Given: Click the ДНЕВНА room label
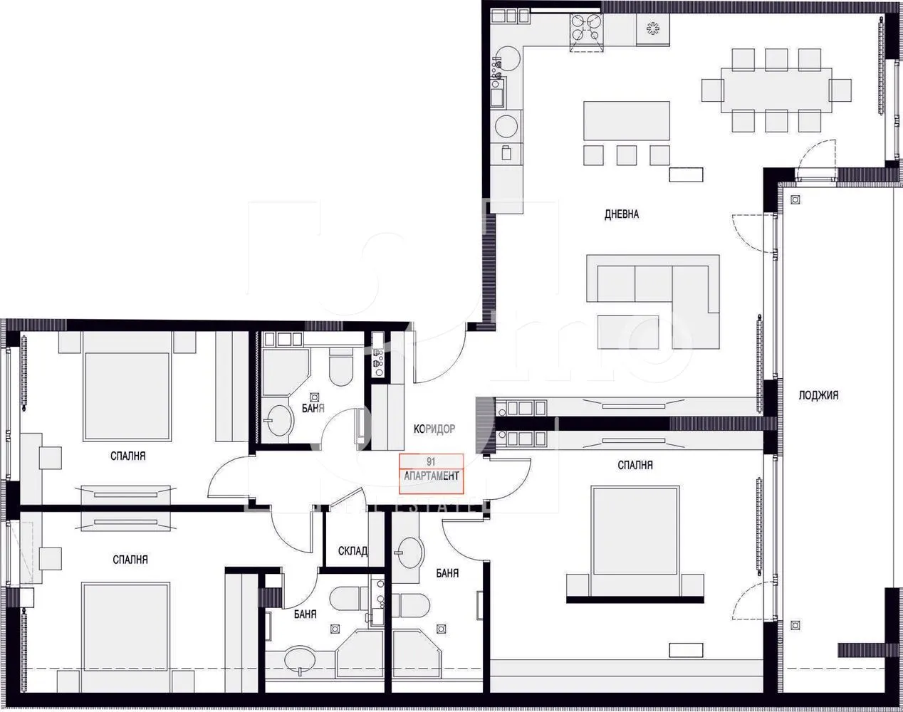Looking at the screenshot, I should (621, 214).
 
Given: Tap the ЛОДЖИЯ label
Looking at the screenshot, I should (818, 395).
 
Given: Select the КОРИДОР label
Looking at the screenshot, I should (434, 429).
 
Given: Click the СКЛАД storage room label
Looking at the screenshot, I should (353, 551).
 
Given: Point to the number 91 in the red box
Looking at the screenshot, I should (432, 461).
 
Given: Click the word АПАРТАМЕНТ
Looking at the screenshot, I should (432, 476).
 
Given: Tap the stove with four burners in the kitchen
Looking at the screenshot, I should (586, 29).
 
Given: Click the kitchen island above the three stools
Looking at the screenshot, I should (627, 120).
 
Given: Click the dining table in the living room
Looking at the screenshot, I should (776, 90).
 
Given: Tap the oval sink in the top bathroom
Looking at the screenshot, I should (278, 421).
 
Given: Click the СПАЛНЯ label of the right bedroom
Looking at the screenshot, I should (635, 465).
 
